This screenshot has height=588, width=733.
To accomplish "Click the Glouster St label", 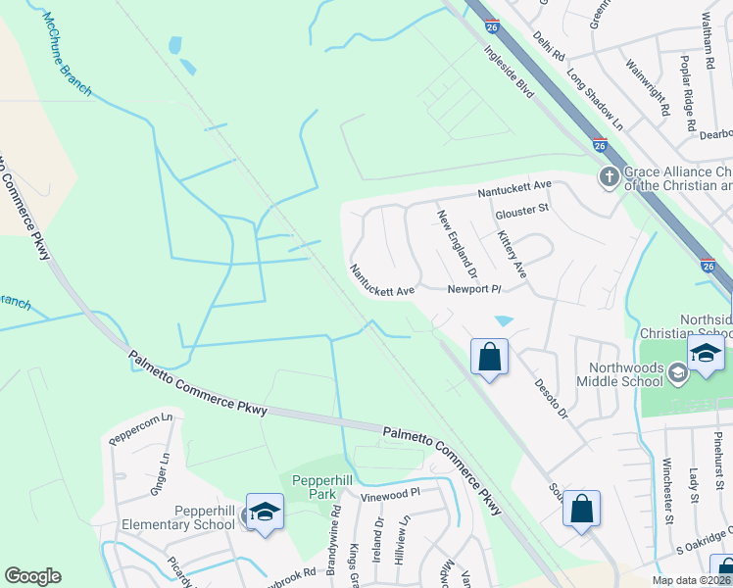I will [522, 208].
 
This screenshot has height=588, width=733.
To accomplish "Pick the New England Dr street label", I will [457, 243].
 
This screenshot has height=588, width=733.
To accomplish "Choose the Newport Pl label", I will [474, 289].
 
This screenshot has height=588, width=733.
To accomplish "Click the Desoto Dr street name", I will [550, 401].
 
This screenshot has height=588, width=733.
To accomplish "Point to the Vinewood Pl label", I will [389, 496].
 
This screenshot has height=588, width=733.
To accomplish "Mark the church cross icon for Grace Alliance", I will [609, 177].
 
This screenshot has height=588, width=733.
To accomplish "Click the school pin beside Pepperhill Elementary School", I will [265, 512].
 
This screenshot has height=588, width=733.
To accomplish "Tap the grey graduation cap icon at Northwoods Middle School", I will [678, 372].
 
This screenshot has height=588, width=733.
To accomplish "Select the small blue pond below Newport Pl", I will [505, 320].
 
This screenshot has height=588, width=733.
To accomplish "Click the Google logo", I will [32, 576].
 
